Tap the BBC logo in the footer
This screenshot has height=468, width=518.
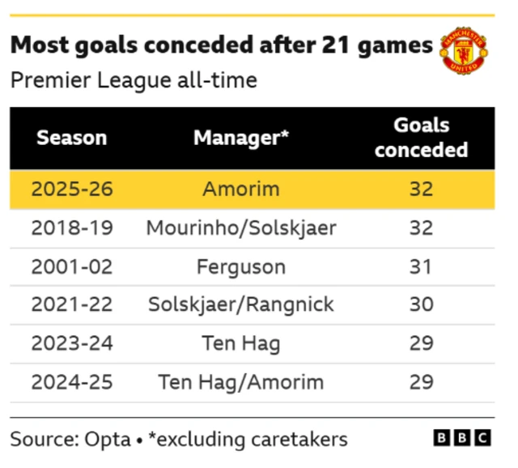coord(462,438)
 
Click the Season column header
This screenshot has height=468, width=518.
coord(72,138)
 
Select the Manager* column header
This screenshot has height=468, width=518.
coord(241,138)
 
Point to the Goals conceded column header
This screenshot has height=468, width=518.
coord(421,138)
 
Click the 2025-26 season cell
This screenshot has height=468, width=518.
coord(72,189)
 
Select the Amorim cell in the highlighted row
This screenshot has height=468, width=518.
coord(241,189)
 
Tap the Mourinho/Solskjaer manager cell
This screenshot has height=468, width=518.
coord(241,228)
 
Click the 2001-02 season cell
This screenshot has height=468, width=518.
coord(72,266)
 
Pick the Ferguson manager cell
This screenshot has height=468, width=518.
coord(241,266)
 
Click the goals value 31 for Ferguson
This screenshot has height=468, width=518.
coord(421,266)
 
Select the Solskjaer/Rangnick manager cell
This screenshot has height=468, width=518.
coord(241,305)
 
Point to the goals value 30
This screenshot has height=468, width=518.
coord(421,305)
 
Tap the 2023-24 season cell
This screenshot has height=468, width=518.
coord(72,343)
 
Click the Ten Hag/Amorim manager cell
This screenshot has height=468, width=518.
coord(241,382)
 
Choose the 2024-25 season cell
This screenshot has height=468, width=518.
coord(72,382)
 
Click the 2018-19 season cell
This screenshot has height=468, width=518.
coord(72,228)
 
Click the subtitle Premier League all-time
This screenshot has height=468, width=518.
coord(134,81)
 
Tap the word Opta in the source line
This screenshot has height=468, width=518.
coord(108,439)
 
